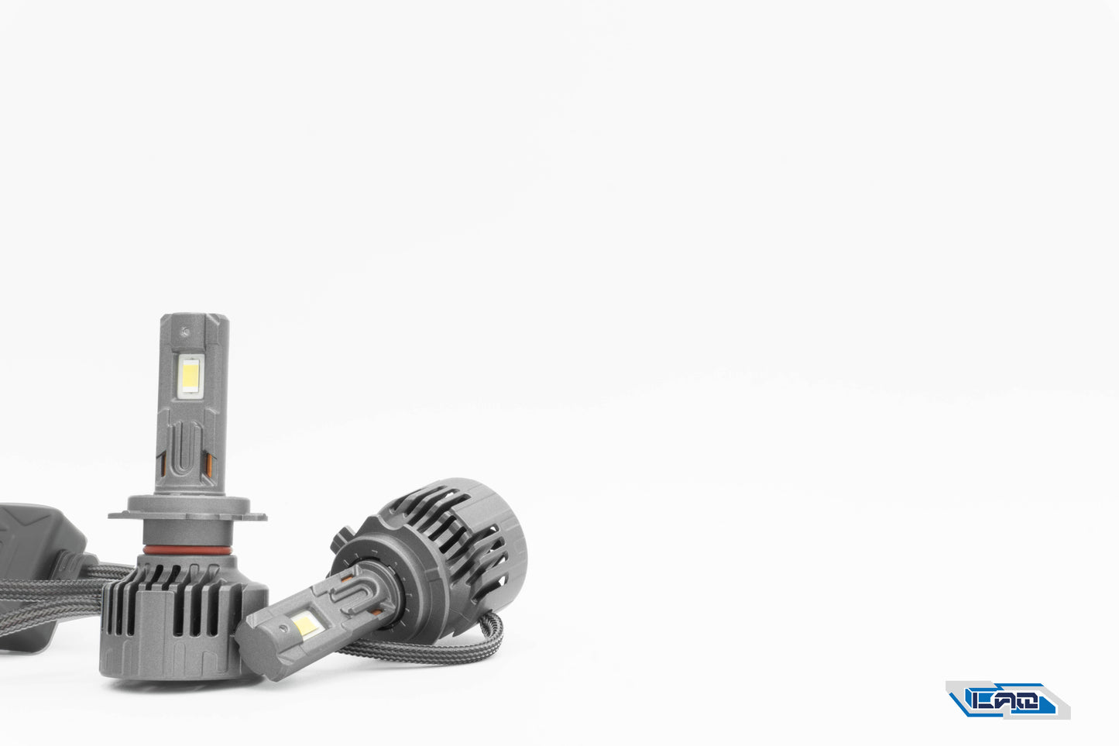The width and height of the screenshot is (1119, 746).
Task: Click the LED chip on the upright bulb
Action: (190, 377)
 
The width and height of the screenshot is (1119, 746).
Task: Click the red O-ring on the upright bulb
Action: (186, 549)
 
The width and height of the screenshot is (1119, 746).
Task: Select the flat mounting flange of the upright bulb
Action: (187, 513)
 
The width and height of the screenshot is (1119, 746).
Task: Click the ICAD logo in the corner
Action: (1007, 700)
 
